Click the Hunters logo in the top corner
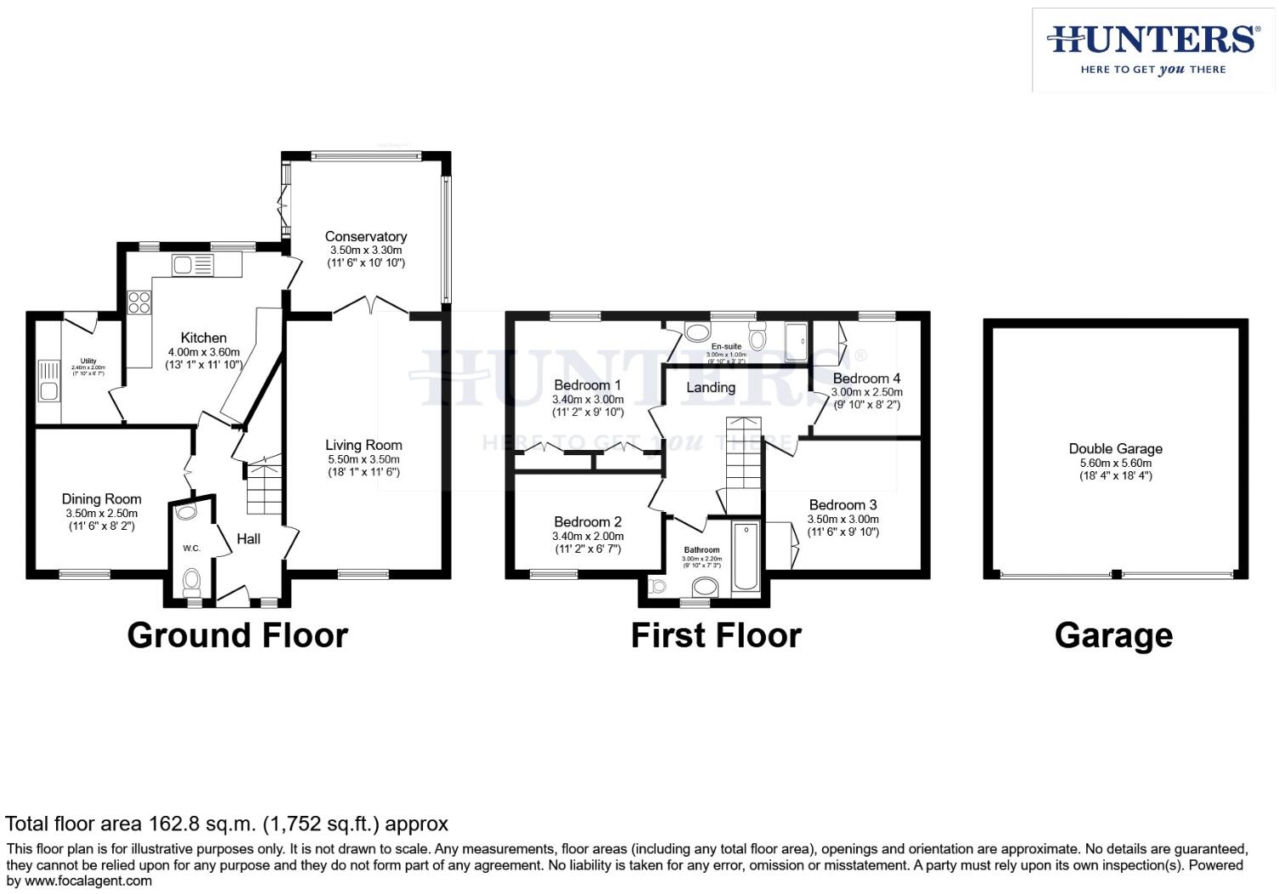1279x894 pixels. tap(1152, 49)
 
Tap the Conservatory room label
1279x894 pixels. tap(365, 237)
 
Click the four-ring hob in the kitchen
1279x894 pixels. tap(139, 302)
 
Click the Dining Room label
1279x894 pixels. tap(101, 499)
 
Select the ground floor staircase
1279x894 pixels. tap(263, 488)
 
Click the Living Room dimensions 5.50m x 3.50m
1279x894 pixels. tap(363, 459)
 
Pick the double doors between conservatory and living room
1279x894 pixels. tap(370, 306)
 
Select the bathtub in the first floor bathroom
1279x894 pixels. tap(747, 555)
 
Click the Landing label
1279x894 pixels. tap(710, 387)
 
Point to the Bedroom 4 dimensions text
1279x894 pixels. tap(866, 393)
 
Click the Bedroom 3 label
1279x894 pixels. tap(842, 504)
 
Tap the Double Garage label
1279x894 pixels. tap(1115, 448)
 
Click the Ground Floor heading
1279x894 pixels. tap(237, 635)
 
